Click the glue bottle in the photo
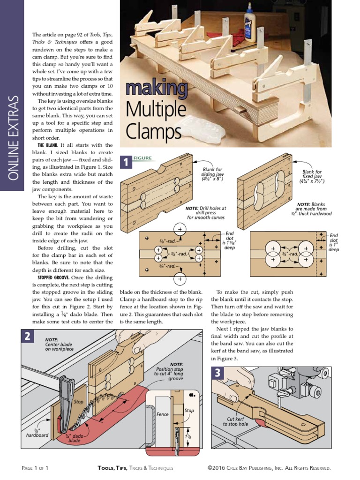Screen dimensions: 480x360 [249, 14]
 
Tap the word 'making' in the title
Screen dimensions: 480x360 [156, 88]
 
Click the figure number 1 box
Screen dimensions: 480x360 [126, 162]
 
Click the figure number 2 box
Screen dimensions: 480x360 [29, 337]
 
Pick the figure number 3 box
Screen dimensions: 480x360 [217, 374]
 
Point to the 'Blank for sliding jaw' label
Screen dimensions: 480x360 [212, 174]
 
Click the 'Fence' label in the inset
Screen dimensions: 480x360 [162, 414]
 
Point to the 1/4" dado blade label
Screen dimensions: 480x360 [74, 438]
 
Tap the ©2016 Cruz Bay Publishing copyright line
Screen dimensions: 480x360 [270, 468]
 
